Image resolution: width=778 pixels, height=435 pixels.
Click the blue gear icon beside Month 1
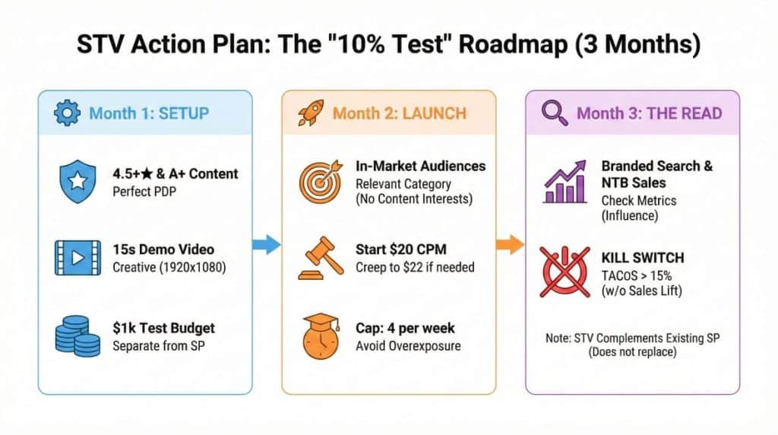tap(67, 113)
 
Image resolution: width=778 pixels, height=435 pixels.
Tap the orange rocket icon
tap(311, 113)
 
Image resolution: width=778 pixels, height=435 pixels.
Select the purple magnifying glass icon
tap(555, 113)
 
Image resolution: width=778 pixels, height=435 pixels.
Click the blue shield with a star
tap(77, 181)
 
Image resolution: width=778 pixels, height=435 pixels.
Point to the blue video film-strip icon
tap(77, 258)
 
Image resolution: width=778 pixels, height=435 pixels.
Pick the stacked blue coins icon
tap(77, 336)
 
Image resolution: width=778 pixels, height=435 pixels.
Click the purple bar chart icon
tap(565, 182)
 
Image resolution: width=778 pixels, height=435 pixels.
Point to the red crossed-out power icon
tap(565, 271)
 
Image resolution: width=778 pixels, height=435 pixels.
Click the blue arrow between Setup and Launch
tap(267, 244)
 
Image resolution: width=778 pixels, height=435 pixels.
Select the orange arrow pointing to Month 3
tap(510, 244)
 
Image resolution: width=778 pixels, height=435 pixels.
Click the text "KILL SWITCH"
tap(643, 258)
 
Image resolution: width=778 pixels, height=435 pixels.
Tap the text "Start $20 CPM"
tap(401, 249)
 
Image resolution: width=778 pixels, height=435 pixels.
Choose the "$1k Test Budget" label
tap(164, 329)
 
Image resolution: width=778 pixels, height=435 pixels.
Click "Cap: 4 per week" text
tap(405, 329)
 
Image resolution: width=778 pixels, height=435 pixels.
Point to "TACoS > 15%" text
tap(637, 275)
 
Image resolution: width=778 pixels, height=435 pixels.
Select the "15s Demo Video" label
tap(163, 249)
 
